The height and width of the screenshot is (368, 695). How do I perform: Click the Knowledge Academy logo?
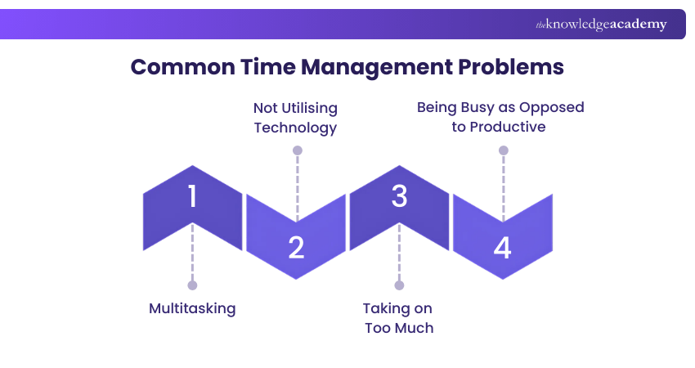tap(601, 25)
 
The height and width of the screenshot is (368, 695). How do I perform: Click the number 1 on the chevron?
tap(192, 197)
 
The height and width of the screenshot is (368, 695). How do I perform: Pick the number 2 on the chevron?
tap(296, 247)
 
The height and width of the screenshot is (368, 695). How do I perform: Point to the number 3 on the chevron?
tap(399, 197)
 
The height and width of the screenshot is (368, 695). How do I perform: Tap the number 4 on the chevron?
tap(502, 247)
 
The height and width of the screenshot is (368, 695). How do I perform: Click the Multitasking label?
tap(192, 308)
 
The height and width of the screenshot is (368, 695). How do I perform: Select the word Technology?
tap(295, 128)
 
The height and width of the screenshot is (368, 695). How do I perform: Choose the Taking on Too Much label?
tap(398, 318)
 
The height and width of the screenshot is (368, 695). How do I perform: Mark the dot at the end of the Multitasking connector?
tap(192, 285)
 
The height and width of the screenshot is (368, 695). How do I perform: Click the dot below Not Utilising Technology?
tap(297, 150)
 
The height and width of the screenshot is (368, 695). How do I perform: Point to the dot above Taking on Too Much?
tap(399, 285)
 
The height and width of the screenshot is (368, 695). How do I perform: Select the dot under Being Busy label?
tap(503, 150)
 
